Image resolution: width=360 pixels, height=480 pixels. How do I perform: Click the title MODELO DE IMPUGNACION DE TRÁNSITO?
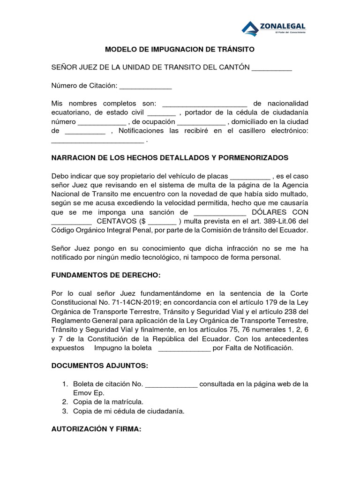180,49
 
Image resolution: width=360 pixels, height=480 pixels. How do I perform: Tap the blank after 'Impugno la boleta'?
185,348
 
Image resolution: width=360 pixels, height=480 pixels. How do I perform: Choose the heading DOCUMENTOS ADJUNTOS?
99,366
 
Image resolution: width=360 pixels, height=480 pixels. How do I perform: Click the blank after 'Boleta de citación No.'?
172,384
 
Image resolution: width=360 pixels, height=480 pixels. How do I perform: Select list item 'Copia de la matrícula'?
108,402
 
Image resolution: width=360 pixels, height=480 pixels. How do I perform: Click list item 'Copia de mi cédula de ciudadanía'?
128,411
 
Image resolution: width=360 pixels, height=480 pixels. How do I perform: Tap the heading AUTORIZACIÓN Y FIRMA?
96,429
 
